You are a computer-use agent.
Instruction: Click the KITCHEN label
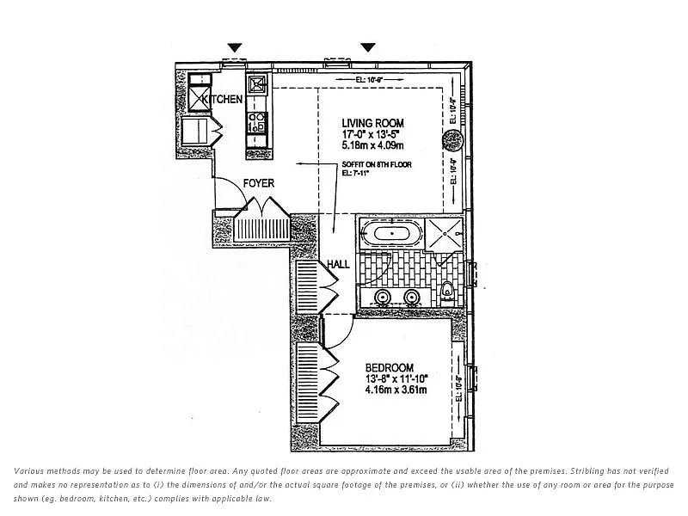[224, 100]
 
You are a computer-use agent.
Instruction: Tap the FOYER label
[258, 183]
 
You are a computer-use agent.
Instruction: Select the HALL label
[338, 264]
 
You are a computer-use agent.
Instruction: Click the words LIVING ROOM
[372, 124]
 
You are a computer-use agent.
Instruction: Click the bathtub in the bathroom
[392, 233]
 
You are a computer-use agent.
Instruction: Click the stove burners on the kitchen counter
[256, 120]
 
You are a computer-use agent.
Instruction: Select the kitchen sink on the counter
[257, 85]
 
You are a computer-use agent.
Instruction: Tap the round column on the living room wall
[458, 135]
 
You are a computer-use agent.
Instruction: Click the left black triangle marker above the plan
[236, 47]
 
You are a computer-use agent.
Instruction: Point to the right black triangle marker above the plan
[368, 47]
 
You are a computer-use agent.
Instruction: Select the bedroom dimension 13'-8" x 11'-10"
[396, 378]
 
